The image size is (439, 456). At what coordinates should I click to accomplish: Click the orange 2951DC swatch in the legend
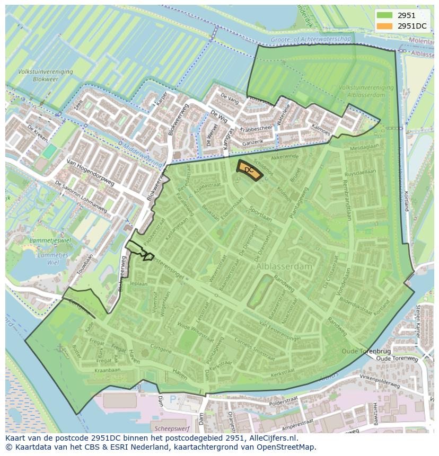pyautogui.click(x=385, y=26)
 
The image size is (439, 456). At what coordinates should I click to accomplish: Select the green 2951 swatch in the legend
pyautogui.click(x=385, y=15)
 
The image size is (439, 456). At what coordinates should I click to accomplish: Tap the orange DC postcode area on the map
pyautogui.click(x=249, y=170)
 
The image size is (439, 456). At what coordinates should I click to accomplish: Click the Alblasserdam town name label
pyautogui.click(x=284, y=267)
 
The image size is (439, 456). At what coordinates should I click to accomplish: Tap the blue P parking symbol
pyautogui.click(x=172, y=398)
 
